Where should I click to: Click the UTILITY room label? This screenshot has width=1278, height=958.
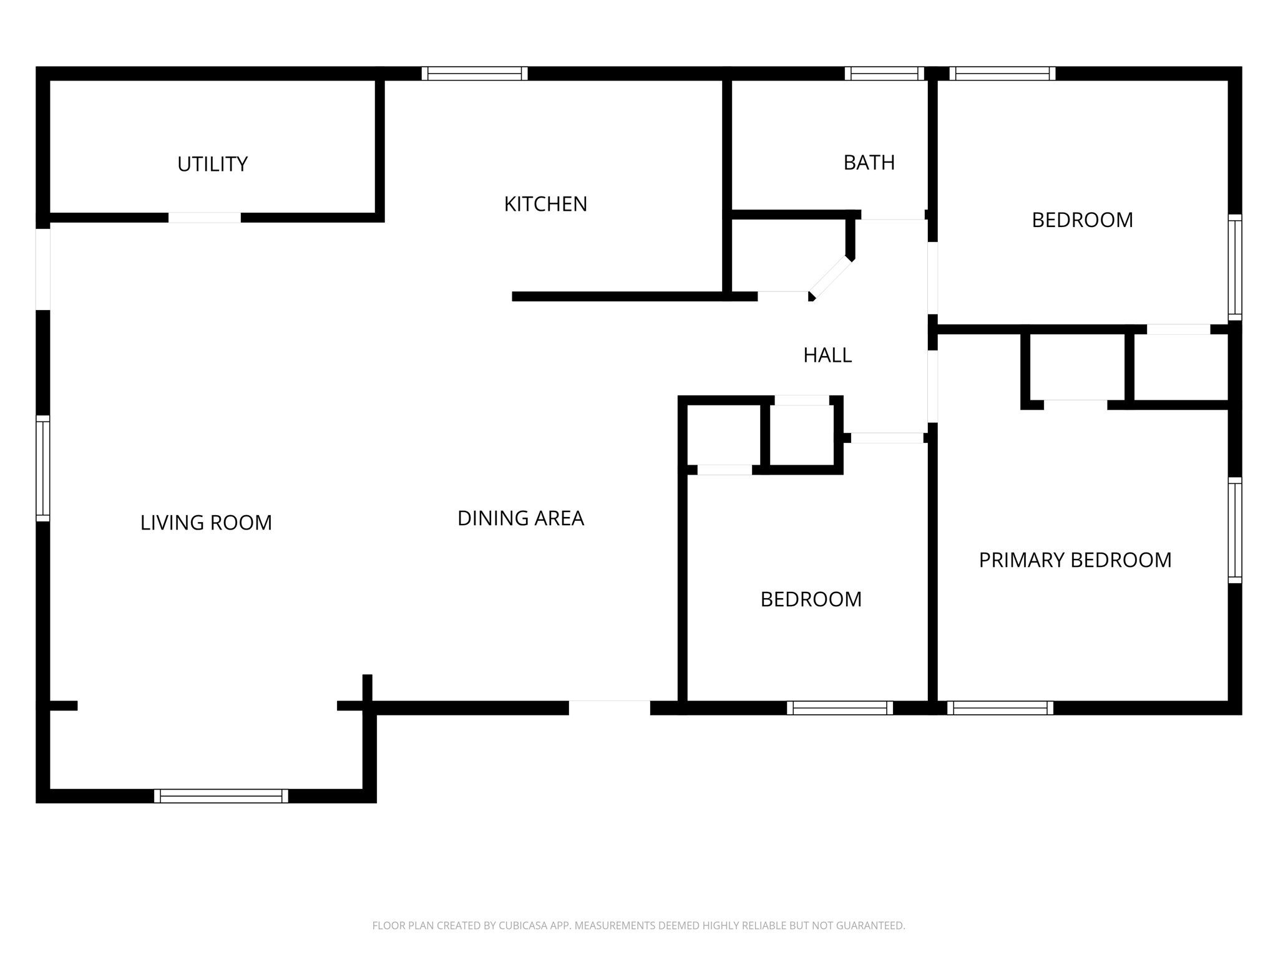212,164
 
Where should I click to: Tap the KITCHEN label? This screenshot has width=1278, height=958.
545,204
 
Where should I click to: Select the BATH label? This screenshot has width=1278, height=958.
869,163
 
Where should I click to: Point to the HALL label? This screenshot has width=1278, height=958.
827,355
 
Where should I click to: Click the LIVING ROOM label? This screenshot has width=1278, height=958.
206,523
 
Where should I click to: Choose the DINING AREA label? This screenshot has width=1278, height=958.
520,518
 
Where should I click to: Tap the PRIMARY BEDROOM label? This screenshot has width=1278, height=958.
1075,560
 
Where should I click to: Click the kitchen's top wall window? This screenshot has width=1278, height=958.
474,74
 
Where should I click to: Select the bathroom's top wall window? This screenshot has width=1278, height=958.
884,74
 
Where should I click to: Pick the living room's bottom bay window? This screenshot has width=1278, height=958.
221,796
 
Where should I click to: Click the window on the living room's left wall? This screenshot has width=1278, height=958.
42,468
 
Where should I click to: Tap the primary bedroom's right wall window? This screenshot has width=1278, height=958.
1234,530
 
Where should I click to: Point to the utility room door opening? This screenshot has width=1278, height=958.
205,218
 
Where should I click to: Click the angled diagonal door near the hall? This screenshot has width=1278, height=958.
831,277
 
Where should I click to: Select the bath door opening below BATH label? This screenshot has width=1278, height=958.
892,215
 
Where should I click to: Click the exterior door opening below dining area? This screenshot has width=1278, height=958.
609,708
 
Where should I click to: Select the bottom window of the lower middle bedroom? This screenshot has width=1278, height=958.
839,708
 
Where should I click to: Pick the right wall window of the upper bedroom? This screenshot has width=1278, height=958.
1234,267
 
